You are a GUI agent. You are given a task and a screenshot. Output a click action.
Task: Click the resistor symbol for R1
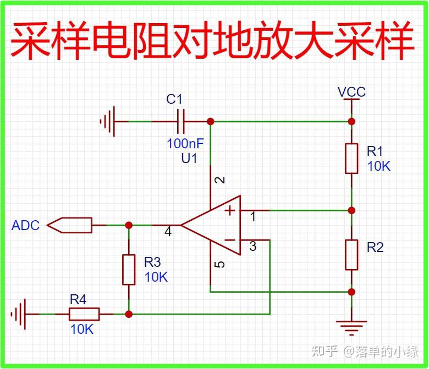pos(352,158)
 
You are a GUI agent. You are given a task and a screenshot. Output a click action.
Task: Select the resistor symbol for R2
pos(352,254)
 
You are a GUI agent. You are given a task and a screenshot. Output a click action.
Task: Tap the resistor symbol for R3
pos(129,269)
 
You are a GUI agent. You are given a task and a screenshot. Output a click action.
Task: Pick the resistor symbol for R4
pos(84,314)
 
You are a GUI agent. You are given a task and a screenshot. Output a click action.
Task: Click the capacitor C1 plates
pos(180,121)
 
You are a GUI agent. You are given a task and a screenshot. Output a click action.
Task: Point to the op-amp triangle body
pos(215,225)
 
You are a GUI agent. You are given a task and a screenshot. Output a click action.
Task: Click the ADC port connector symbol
pos(70,225)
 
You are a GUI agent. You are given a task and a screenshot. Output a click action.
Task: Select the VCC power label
pos(351,92)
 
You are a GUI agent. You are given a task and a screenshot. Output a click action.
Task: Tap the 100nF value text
pos(185,144)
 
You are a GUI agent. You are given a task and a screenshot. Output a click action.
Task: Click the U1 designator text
pos(189,159)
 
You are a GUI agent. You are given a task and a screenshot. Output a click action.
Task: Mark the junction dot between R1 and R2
pos(352,210)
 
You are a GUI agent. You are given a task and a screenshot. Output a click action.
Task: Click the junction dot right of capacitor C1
pos(210,121)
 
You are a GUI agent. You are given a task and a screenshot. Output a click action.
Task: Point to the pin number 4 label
pos(168,232)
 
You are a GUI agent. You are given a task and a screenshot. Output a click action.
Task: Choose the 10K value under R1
pos(378,166)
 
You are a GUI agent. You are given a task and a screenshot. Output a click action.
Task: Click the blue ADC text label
pos(25,226)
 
